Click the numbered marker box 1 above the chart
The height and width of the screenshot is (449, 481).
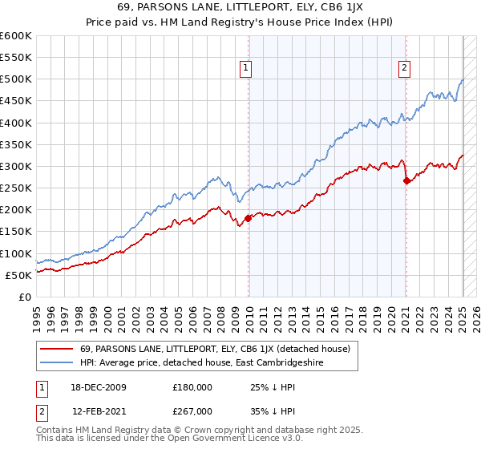click(245, 69)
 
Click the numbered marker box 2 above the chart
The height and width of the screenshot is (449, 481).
click(405, 69)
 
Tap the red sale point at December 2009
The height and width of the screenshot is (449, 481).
click(249, 217)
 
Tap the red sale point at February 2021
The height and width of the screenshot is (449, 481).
click(406, 180)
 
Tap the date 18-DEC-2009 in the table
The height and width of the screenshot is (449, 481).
click(93, 387)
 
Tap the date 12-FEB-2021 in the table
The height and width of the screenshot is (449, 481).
click(93, 411)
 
